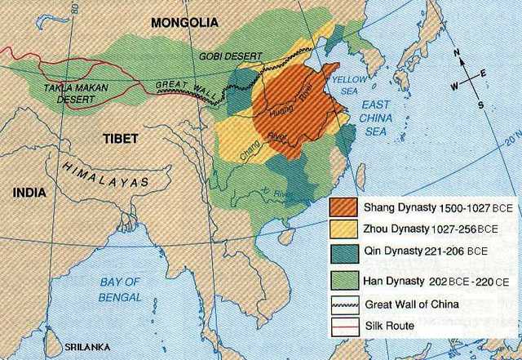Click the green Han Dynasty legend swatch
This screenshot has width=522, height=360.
(x=345, y=280)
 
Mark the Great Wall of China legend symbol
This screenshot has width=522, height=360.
(x=345, y=304)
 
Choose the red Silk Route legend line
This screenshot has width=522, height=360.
(x=345, y=327)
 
